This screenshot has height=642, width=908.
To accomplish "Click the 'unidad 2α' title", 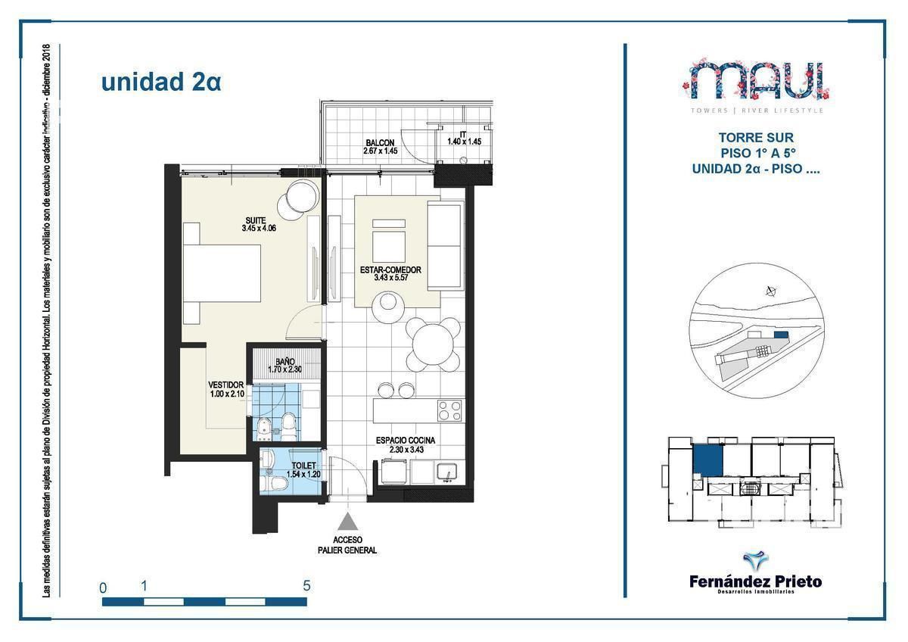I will click(x=160, y=82).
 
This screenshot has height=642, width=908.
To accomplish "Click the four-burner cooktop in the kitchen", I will click(x=449, y=410).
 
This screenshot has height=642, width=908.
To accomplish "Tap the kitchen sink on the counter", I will click(x=448, y=472).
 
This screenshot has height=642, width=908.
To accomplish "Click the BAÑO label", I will click(x=285, y=362).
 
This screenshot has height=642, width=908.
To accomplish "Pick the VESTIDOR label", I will click(x=226, y=385).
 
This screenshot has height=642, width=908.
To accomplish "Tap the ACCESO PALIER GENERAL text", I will click(x=347, y=545).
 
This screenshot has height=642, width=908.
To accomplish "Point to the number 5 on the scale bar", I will click(x=306, y=585).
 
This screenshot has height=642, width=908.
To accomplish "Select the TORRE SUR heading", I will click(x=756, y=139).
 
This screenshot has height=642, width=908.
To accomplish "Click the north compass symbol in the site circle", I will click(x=770, y=290).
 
